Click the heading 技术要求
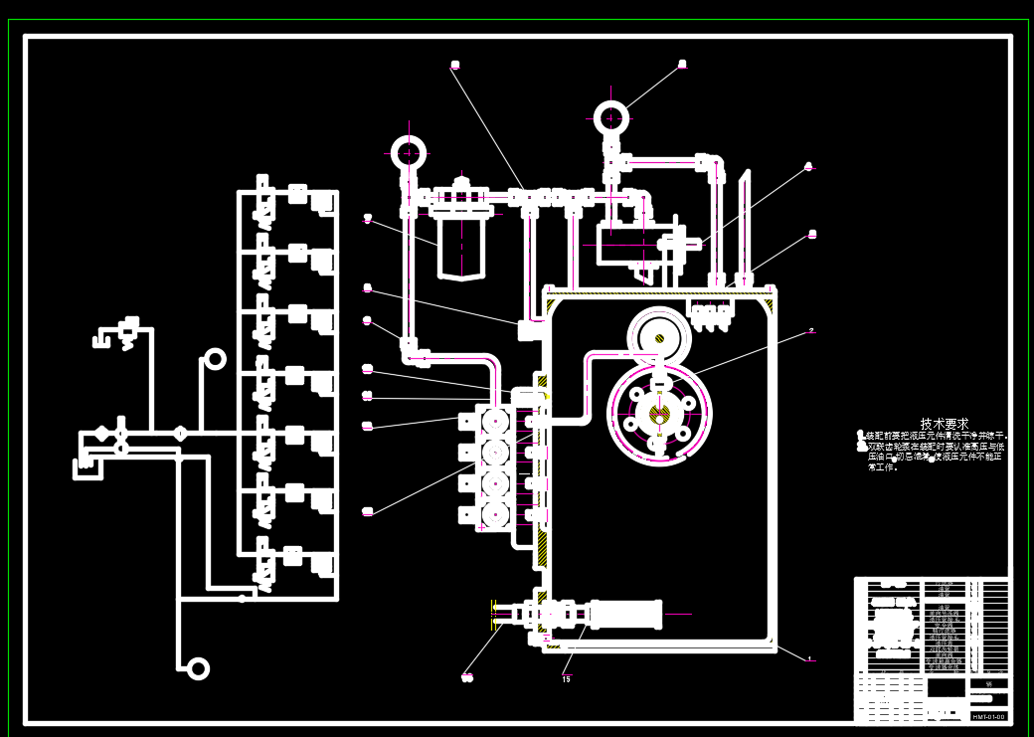click(x=943, y=424)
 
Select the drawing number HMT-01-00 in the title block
click(x=987, y=716)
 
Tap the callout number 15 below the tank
click(x=566, y=679)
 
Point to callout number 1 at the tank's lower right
click(x=809, y=658)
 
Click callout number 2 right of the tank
click(x=811, y=330)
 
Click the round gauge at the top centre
click(x=610, y=117)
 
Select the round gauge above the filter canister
click(x=408, y=152)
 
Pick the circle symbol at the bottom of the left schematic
click(x=198, y=668)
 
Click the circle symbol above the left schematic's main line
click(x=215, y=359)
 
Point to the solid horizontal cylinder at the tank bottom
click(x=626, y=614)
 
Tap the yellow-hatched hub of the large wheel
click(x=659, y=413)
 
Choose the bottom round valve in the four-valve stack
click(x=494, y=514)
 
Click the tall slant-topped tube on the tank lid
click(x=743, y=229)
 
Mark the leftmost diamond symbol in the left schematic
click(x=102, y=433)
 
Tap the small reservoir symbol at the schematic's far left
click(x=88, y=465)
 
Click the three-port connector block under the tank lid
click(x=711, y=313)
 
